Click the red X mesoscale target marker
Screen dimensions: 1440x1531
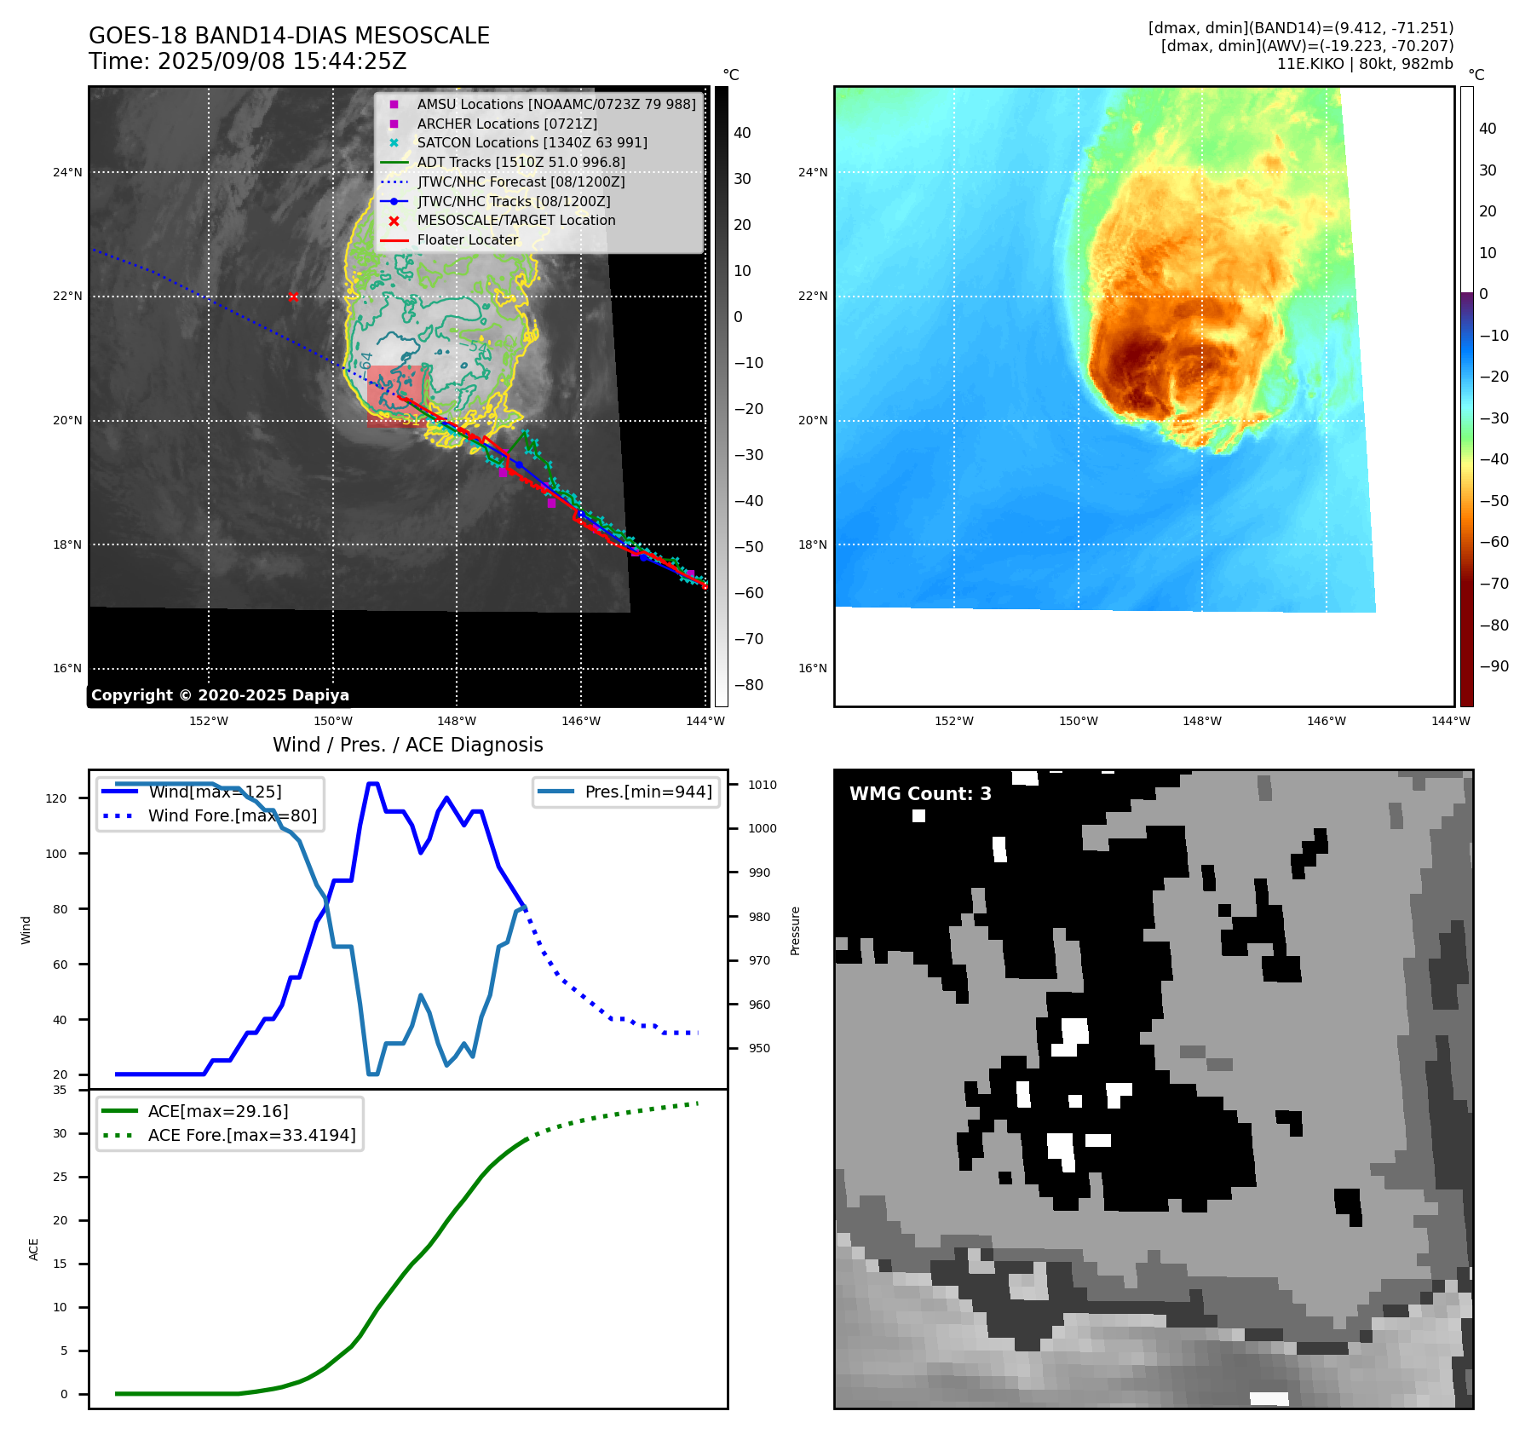(x=293, y=297)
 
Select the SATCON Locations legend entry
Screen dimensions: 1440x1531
(x=532, y=143)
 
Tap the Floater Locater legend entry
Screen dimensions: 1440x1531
(x=467, y=240)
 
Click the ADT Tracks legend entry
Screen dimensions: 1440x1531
(x=521, y=163)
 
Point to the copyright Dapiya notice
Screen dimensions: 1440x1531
(x=220, y=695)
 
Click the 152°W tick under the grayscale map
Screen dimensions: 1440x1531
(x=209, y=722)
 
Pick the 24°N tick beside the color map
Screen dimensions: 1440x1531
(x=812, y=173)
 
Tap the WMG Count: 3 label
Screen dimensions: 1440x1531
(x=920, y=794)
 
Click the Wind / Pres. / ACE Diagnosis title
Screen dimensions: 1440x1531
(x=407, y=746)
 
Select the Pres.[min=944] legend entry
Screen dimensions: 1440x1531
(x=648, y=792)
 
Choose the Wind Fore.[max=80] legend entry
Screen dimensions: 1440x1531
(x=232, y=816)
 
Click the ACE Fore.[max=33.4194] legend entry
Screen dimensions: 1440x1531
(x=251, y=1136)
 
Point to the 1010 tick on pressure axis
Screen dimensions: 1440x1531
(x=763, y=786)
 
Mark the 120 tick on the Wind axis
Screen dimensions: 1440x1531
(x=56, y=799)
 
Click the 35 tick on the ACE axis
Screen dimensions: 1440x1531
(x=60, y=1091)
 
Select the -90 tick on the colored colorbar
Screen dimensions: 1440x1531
(x=1494, y=667)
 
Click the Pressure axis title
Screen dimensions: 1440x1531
(x=795, y=930)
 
